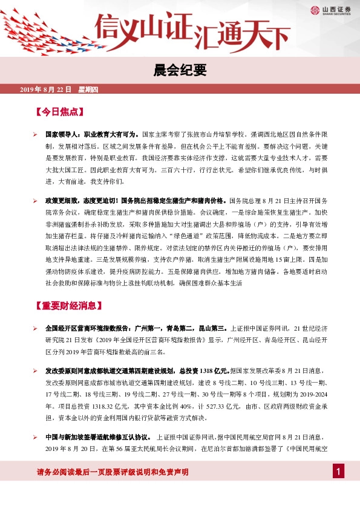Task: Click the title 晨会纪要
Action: pos(180,70)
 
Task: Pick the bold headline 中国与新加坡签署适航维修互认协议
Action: pos(97,436)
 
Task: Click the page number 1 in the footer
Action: pos(339,472)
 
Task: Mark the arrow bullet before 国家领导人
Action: pos(36,135)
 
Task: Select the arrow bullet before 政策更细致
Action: pos(36,199)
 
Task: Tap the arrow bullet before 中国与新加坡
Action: pos(36,436)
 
